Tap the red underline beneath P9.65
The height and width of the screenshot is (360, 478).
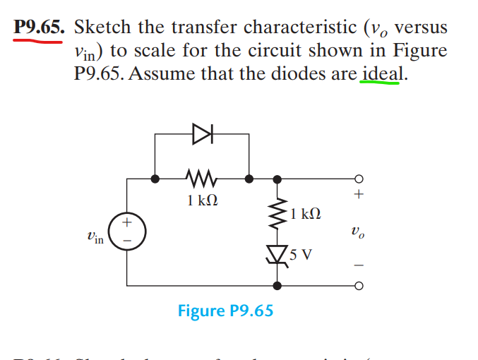[x=38, y=41]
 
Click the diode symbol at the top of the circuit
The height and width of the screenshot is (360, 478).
[x=202, y=131]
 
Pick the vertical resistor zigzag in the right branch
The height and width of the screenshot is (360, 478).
[x=277, y=212]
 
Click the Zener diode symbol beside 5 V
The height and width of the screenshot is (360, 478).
[x=277, y=253]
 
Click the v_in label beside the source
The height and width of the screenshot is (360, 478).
[x=93, y=239]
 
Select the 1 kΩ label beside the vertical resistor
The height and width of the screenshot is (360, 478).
[x=306, y=212]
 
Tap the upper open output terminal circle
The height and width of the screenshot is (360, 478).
[x=359, y=179]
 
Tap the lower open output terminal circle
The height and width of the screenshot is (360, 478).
[x=359, y=286]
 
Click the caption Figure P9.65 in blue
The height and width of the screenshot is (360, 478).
[x=225, y=311]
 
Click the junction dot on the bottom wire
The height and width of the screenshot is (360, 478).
[x=277, y=286]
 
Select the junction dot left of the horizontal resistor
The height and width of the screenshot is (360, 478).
[x=155, y=179]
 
